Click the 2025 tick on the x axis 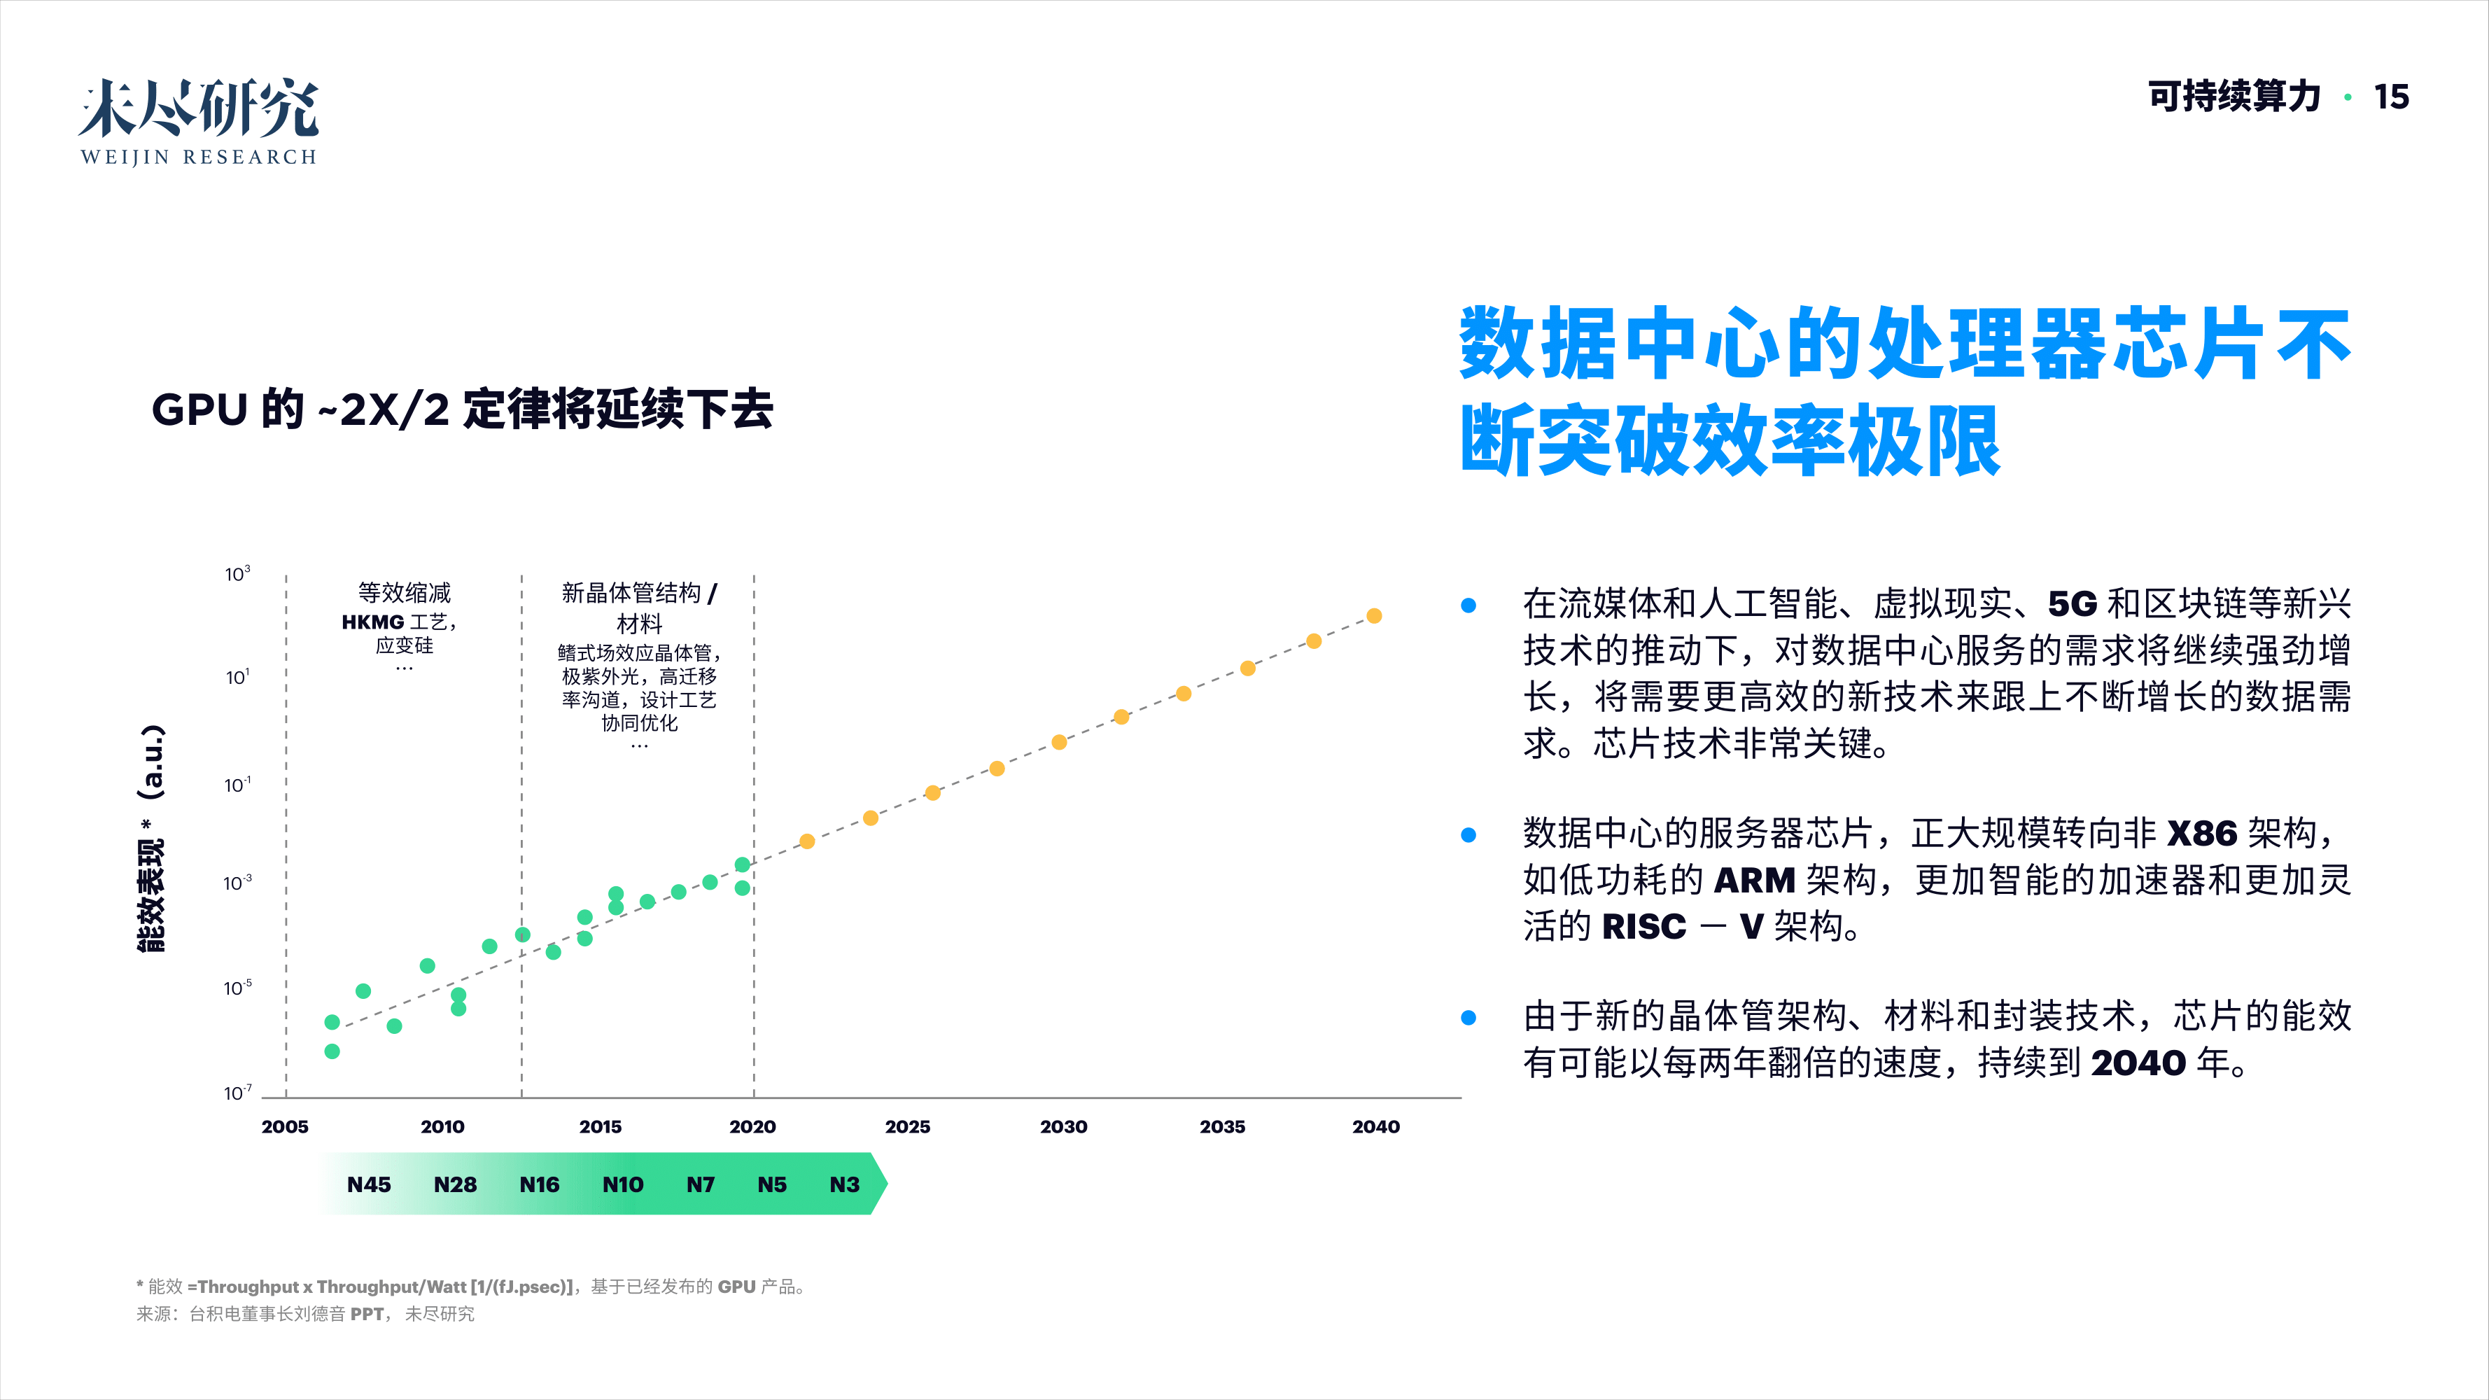click(x=907, y=1126)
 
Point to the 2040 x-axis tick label click(x=1375, y=1126)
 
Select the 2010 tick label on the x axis click(x=442, y=1126)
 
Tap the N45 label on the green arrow click(x=369, y=1184)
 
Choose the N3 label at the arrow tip click(x=844, y=1184)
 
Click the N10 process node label click(x=622, y=1184)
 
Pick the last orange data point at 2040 click(x=1374, y=615)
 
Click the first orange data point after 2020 click(x=807, y=841)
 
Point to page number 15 click(x=2392, y=97)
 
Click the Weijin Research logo click(x=198, y=122)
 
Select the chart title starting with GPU click(x=462, y=409)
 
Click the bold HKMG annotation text click(x=373, y=622)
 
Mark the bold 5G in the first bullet click(x=2072, y=604)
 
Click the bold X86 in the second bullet click(x=2202, y=833)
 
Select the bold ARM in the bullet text click(x=1753, y=880)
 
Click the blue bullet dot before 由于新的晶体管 click(x=1468, y=1017)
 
